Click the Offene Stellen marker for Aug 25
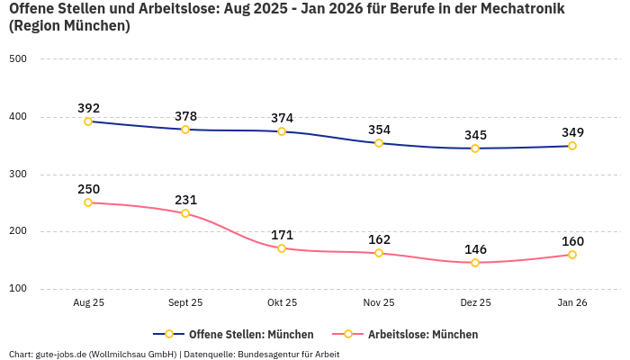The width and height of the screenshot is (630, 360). coord(88,121)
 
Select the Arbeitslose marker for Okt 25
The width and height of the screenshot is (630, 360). coord(282,248)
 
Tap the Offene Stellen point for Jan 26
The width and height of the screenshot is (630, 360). coord(572,146)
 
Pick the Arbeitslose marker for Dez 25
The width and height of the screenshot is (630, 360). coord(475,263)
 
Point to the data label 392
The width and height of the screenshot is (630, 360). coord(88,108)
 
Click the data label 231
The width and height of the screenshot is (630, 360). coord(185,200)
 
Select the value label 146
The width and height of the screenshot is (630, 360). coord(475,249)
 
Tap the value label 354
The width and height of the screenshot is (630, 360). coord(379,130)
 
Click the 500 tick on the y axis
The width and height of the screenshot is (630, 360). coord(18,59)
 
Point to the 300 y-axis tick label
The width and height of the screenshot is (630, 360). coord(18,175)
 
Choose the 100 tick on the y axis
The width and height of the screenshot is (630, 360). coord(18,289)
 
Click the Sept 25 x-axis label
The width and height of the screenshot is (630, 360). coord(185,303)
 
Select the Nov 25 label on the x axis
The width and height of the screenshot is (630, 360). coord(379,303)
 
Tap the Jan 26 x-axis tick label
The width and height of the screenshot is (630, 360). coord(572,303)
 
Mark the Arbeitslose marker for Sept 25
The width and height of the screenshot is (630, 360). coord(185,213)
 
